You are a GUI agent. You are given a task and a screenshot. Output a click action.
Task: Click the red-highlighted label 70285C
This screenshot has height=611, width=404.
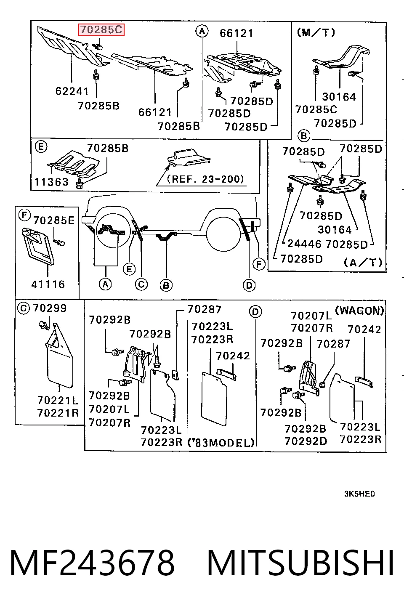point(101,30)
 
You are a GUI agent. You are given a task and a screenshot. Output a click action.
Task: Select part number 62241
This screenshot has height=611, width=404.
point(72,91)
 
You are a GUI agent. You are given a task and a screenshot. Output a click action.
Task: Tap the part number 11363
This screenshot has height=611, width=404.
point(52,182)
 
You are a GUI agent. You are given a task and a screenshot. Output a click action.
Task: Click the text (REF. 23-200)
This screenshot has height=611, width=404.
point(205,179)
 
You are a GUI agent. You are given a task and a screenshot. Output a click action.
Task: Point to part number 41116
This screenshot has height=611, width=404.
point(48,284)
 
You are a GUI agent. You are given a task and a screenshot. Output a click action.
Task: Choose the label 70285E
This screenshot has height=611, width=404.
point(54,220)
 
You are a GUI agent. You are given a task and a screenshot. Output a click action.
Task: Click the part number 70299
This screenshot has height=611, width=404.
point(50,308)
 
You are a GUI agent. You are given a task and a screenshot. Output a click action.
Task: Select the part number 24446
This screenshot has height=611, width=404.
point(304,244)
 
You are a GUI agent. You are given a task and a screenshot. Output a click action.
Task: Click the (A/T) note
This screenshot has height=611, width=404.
point(363,263)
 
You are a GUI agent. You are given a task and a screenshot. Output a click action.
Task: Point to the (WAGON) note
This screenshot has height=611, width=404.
point(359,311)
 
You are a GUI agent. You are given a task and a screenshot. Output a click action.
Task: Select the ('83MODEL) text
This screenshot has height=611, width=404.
point(221,442)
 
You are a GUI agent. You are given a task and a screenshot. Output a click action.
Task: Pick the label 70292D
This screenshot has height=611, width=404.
point(306,441)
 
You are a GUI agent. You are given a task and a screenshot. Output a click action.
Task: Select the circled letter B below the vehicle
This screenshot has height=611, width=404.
point(166,285)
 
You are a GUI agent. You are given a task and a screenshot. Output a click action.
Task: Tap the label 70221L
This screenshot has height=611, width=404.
point(58,400)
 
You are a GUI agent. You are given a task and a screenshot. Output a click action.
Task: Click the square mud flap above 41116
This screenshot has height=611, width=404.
point(38,246)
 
